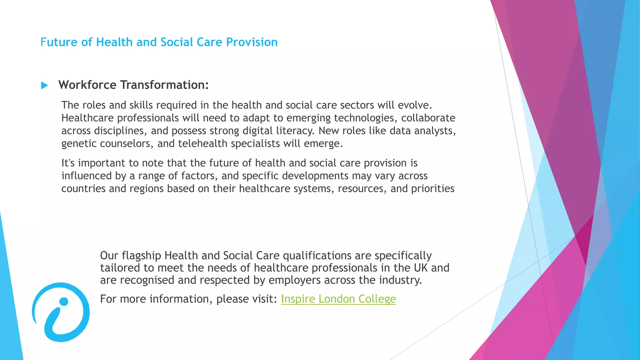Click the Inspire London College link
[338, 299]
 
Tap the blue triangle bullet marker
[44, 85]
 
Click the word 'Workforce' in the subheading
[87, 85]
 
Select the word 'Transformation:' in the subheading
[164, 85]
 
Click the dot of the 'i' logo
[64, 302]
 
